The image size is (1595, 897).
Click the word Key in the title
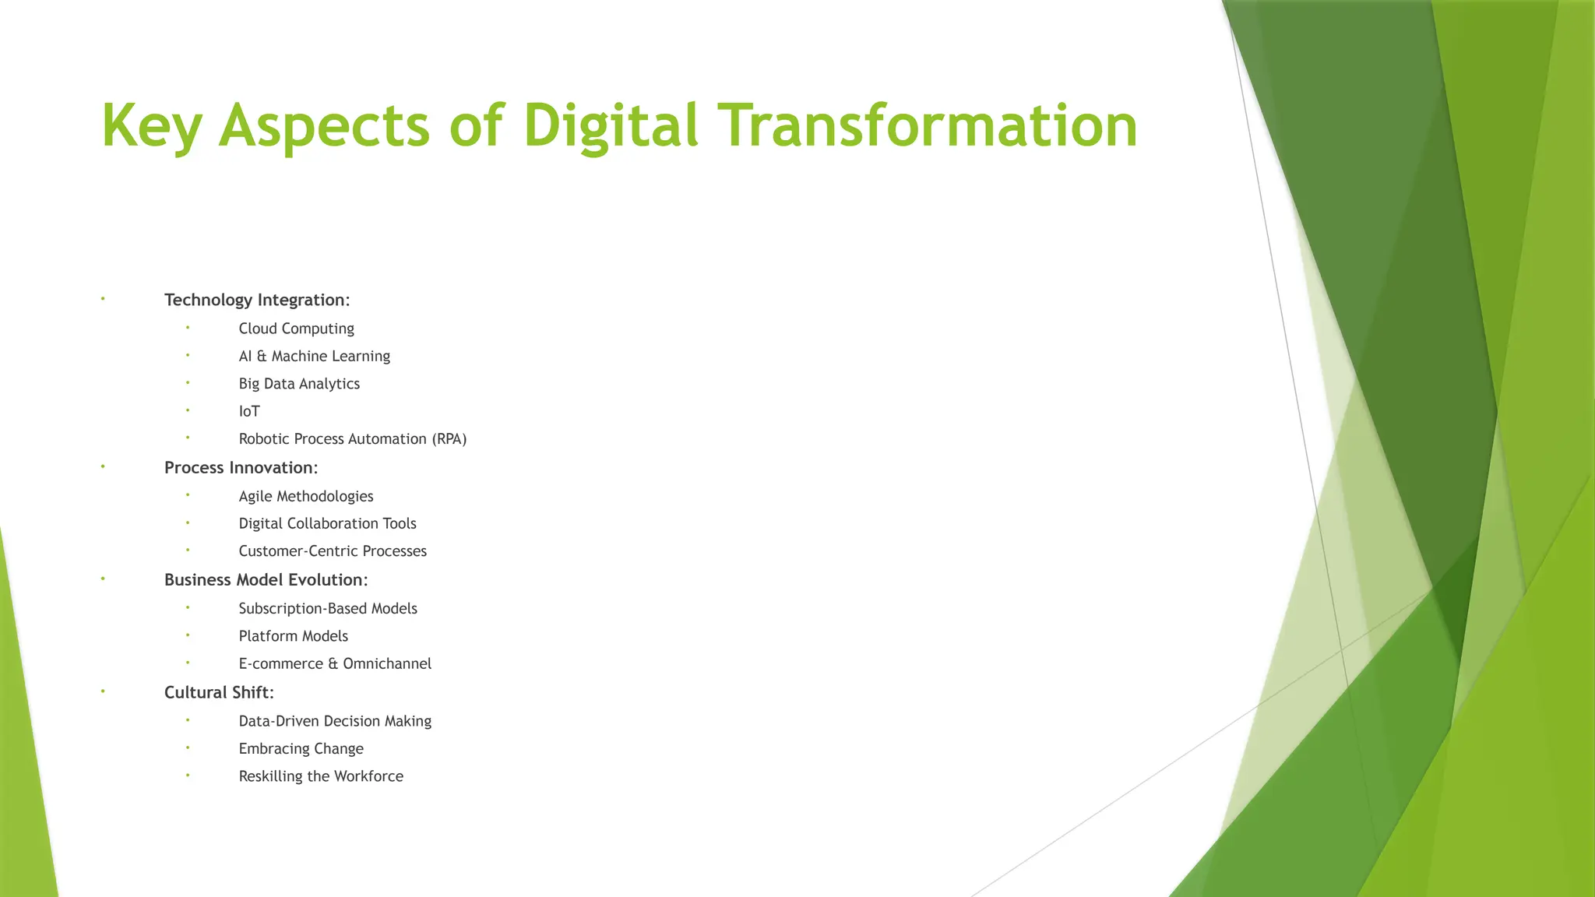152,126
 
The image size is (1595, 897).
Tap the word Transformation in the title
927,126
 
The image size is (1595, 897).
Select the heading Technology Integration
257,300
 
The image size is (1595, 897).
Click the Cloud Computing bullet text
296,329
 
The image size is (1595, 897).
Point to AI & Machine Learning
314,356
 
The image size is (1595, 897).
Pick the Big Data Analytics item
299,384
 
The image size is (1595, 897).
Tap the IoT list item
249,411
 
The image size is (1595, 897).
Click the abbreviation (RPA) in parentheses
449,439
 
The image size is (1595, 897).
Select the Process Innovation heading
241,468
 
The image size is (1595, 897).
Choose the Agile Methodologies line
306,496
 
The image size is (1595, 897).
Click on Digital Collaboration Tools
327,523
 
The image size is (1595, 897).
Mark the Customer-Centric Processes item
333,551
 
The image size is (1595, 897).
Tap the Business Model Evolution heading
266,580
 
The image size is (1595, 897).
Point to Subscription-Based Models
328,608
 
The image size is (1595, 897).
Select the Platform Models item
293,636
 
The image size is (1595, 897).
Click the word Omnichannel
387,663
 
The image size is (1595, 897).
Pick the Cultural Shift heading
219,692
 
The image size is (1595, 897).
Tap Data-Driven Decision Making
335,721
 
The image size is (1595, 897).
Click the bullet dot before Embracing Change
188,747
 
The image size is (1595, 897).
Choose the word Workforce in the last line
368,776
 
